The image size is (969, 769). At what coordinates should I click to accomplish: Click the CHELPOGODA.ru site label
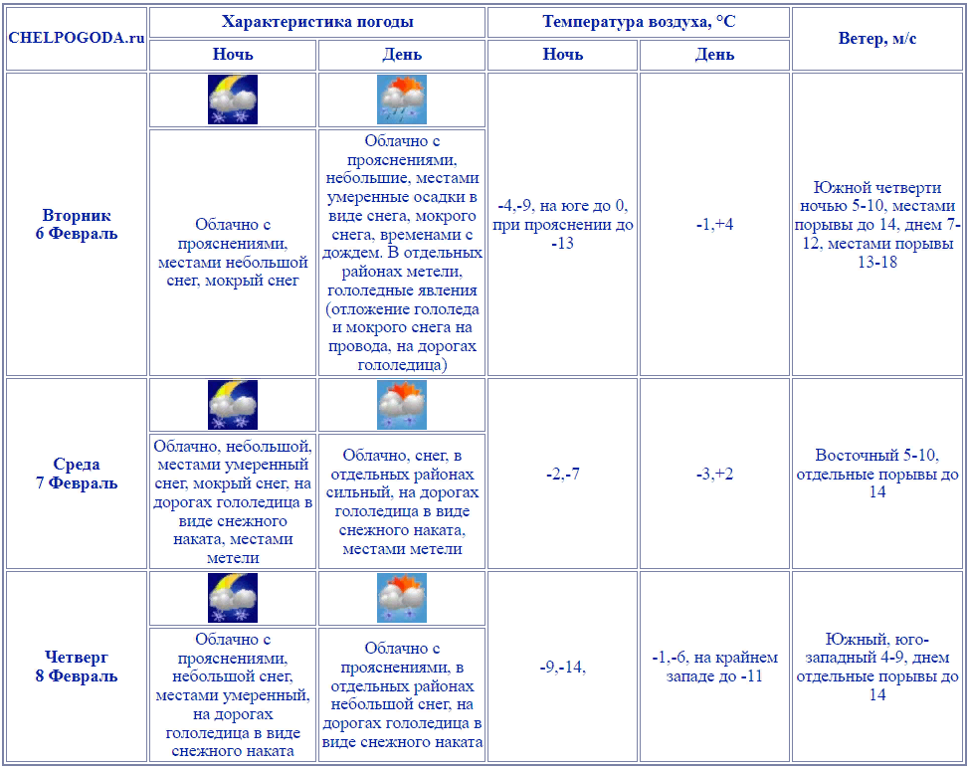click(77, 38)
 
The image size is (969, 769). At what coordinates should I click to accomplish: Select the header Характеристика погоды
click(317, 22)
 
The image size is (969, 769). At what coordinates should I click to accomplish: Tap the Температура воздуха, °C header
click(639, 22)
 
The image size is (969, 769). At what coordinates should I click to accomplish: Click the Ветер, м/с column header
click(877, 38)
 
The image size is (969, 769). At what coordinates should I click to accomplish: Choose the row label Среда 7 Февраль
click(77, 474)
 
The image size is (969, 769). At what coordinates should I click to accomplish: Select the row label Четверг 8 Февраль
click(77, 667)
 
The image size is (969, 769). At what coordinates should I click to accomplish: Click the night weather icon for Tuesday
click(233, 99)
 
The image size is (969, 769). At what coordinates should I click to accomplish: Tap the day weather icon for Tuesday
click(402, 99)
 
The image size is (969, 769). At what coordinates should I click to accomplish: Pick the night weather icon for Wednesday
click(233, 405)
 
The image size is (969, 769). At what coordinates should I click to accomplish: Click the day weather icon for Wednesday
click(402, 405)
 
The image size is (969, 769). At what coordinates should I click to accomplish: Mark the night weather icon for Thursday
click(233, 598)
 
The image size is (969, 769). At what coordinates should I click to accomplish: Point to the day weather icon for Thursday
click(402, 598)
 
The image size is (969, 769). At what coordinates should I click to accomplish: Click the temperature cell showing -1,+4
click(714, 225)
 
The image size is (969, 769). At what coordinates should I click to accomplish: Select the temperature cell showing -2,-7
click(563, 474)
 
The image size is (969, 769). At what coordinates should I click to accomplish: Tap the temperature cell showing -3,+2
click(714, 474)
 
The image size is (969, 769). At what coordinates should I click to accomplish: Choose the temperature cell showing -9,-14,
click(563, 667)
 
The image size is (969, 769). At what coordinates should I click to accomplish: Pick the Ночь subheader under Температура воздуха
click(563, 55)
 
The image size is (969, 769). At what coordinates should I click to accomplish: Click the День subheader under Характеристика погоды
click(402, 55)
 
